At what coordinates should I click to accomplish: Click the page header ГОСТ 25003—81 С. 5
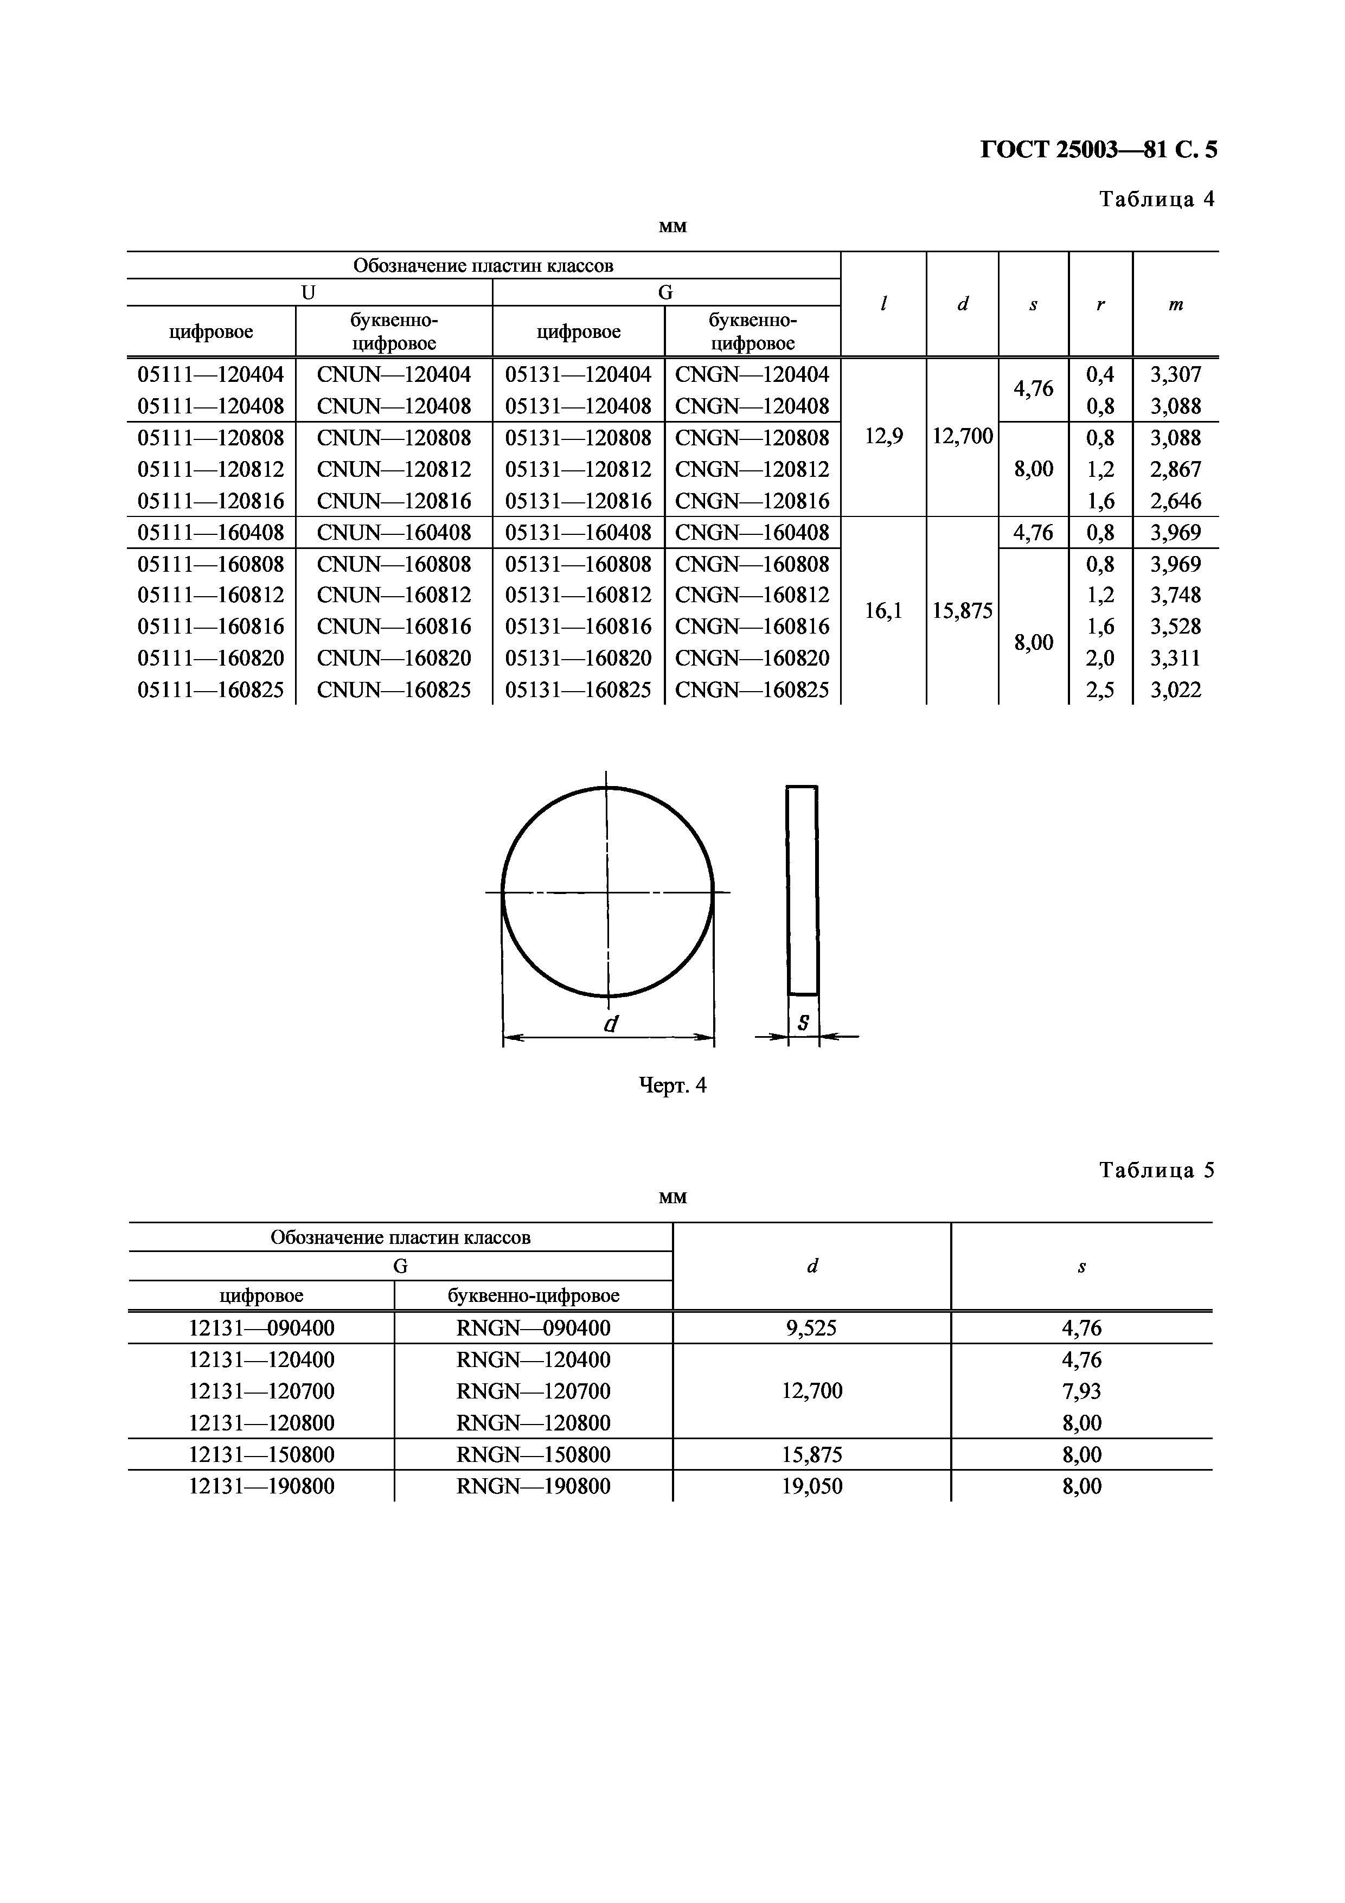coord(1098,150)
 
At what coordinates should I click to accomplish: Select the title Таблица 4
coord(1156,199)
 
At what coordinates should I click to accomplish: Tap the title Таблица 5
coord(1156,1170)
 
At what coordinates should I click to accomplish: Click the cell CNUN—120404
coord(394,375)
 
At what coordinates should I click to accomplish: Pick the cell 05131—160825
coord(579,689)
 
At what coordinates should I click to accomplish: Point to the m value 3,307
coord(1175,375)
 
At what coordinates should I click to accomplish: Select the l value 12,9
coord(883,436)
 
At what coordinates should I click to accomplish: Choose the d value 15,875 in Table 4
coord(962,611)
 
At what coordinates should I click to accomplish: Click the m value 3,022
coord(1175,689)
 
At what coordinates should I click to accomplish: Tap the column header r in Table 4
coord(1100,304)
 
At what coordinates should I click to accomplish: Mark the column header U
coord(308,292)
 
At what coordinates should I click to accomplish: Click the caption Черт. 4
coord(673,1085)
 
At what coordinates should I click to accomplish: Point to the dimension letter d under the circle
coord(611,1024)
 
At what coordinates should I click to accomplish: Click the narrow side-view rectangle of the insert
coord(802,889)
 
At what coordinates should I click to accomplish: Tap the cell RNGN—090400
coord(533,1328)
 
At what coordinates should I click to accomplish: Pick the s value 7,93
coord(1081,1391)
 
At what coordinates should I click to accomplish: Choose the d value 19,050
coord(811,1486)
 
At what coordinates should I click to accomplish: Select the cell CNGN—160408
coord(752,532)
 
